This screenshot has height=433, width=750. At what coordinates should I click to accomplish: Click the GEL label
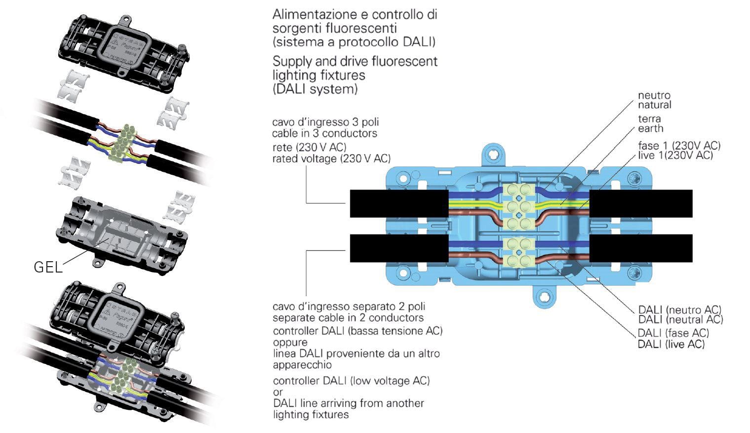(x=48, y=267)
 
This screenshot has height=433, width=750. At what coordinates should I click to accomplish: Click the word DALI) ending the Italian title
(x=419, y=42)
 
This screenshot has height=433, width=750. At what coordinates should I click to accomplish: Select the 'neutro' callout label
(x=654, y=95)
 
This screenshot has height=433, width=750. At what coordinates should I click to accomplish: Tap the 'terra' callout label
(x=649, y=118)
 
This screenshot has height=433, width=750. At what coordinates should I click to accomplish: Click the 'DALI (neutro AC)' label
(x=679, y=310)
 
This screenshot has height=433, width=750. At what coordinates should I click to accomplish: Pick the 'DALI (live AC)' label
(x=671, y=344)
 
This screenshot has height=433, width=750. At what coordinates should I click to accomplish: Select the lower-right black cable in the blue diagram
(x=641, y=248)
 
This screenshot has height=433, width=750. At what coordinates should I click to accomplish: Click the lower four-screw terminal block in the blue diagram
(x=517, y=252)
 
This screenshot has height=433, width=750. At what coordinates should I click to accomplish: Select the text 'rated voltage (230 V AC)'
(x=331, y=158)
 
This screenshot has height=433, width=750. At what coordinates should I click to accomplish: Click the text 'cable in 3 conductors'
(x=324, y=133)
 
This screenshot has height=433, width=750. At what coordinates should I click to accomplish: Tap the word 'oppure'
(x=290, y=342)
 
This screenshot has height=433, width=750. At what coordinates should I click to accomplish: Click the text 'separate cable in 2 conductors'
(x=348, y=317)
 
